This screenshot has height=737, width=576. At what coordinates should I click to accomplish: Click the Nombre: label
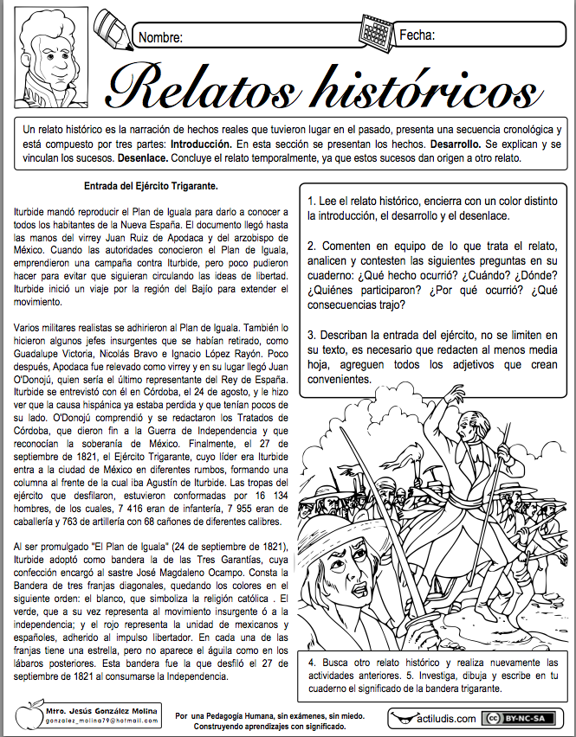coord(160,37)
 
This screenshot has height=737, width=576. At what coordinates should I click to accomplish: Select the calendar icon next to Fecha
coord(376,33)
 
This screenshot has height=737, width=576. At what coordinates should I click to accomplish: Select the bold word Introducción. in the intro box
coord(202,144)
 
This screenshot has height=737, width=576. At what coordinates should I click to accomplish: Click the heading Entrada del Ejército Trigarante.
coord(151,186)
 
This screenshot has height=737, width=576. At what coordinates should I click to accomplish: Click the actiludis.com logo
coord(435,719)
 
